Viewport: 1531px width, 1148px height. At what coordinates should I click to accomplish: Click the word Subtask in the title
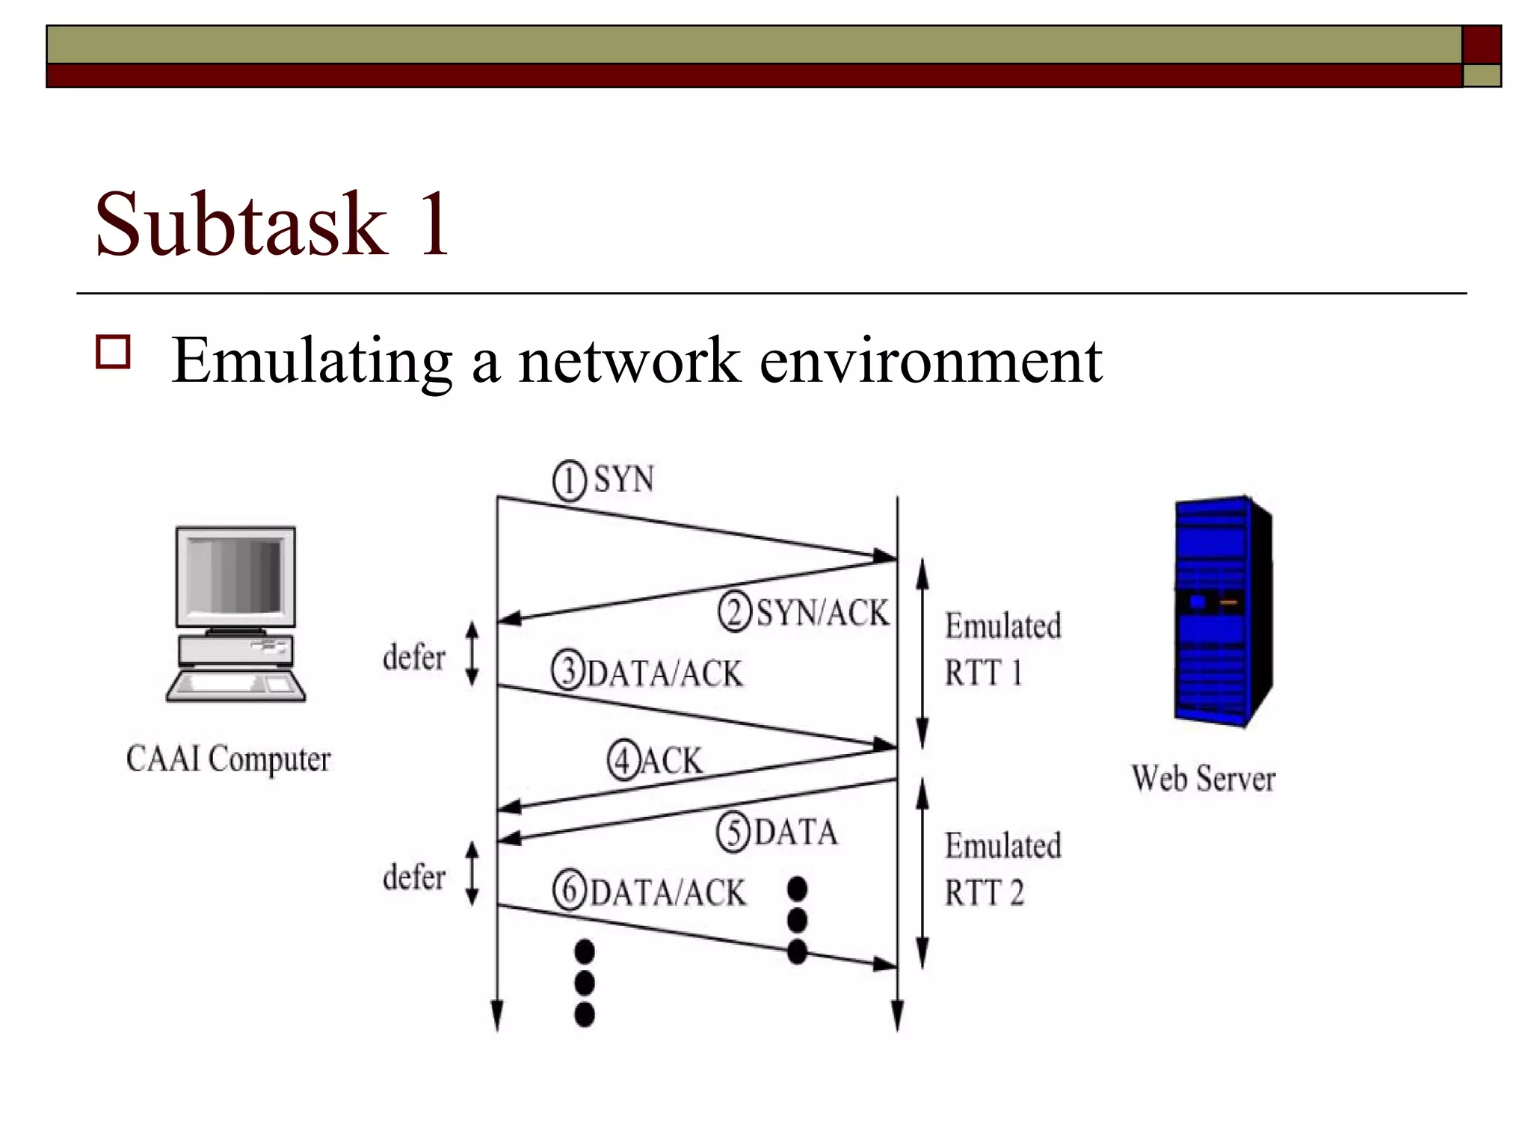coord(241,223)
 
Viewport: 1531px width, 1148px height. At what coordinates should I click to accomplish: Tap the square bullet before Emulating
coord(113,352)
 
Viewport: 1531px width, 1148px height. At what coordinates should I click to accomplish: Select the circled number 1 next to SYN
coord(570,481)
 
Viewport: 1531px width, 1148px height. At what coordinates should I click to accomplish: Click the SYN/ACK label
coord(822,613)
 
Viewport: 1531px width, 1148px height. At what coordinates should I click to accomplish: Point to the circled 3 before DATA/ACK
coord(568,670)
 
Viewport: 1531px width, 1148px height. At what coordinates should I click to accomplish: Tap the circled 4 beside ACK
coord(623,761)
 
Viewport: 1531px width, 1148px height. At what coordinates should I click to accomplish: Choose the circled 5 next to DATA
coord(733,833)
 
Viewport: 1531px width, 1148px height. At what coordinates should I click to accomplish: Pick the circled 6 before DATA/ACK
coord(570,891)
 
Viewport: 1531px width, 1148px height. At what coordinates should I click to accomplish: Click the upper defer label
coord(413,658)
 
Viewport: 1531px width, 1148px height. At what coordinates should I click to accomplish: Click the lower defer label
coord(413,877)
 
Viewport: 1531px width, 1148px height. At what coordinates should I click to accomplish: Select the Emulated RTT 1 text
coord(1002,649)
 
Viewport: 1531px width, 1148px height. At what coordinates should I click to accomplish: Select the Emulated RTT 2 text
coord(1002,869)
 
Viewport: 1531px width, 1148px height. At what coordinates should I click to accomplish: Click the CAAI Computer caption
coord(228,759)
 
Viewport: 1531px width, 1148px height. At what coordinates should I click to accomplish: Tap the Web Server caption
coord(1203,779)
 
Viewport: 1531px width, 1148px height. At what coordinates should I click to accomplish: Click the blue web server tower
coord(1222,609)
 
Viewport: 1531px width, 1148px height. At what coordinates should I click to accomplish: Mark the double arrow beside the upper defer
coord(472,654)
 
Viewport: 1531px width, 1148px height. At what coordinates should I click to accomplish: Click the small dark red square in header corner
coord(1481,45)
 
